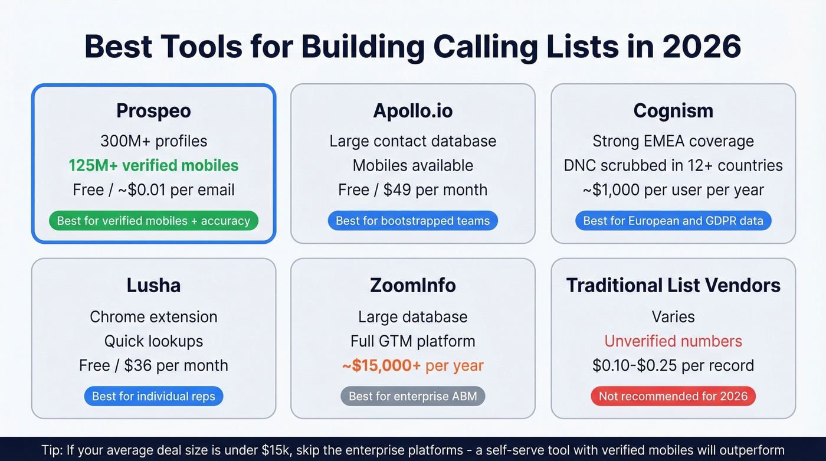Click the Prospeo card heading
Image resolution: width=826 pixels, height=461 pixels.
pyautogui.click(x=153, y=110)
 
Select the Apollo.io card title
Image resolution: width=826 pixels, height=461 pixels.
pyautogui.click(x=413, y=110)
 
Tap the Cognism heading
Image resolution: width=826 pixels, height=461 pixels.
pyautogui.click(x=673, y=110)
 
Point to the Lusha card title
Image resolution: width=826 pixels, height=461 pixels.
pyautogui.click(x=153, y=285)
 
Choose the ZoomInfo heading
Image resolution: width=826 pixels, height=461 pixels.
pyautogui.click(x=413, y=285)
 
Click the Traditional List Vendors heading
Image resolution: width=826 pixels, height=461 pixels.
pyautogui.click(x=673, y=285)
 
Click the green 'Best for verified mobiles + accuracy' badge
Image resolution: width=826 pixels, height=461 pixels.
pyautogui.click(x=153, y=221)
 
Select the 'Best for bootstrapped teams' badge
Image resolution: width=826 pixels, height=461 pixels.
pyautogui.click(x=413, y=221)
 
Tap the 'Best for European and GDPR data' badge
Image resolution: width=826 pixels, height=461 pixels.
pyautogui.click(x=673, y=221)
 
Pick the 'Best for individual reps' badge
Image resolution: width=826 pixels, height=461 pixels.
pyautogui.click(x=153, y=396)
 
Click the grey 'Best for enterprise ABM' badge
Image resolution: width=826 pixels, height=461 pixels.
pyautogui.click(x=413, y=396)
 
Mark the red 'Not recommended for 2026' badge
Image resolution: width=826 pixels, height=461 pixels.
pyautogui.click(x=673, y=396)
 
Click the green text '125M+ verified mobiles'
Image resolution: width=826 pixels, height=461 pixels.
pyautogui.click(x=153, y=165)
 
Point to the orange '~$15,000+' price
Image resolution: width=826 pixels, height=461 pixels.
pyautogui.click(x=381, y=365)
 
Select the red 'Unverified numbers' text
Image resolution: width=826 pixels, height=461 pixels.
pyautogui.click(x=673, y=341)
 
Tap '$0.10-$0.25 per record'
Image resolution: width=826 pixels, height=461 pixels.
pyautogui.click(x=673, y=365)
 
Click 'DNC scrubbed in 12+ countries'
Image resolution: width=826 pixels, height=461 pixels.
pyautogui.click(x=673, y=165)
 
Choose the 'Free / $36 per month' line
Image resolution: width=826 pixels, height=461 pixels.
pyautogui.click(x=153, y=365)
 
